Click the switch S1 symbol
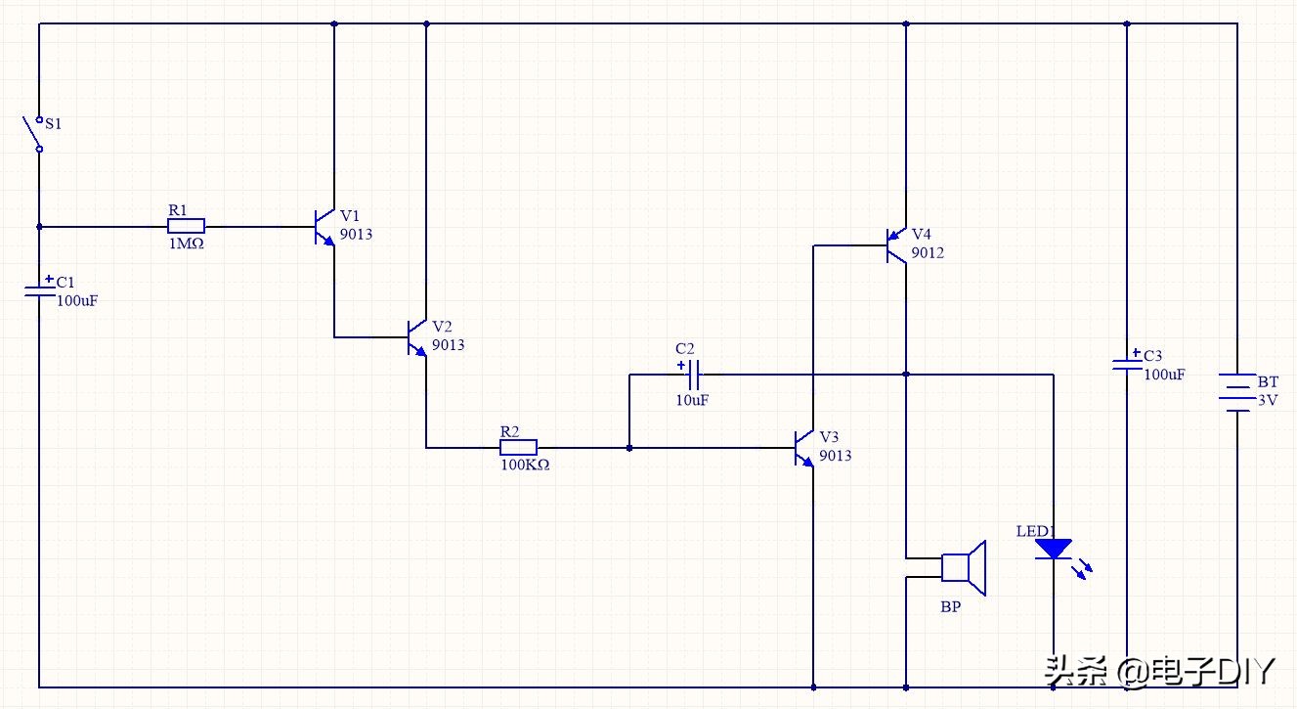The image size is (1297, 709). tap(35, 135)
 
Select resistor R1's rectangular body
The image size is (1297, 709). tap(186, 226)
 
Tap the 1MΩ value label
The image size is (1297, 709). tap(186, 244)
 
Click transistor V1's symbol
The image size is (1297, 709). tap(324, 227)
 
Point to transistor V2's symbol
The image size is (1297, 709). tap(417, 337)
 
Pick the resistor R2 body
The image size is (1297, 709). tap(518, 448)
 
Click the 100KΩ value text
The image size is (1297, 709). tap(525, 465)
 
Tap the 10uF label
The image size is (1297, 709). tap(692, 400)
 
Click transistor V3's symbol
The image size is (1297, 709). tap(804, 448)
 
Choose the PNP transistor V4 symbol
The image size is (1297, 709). tap(896, 244)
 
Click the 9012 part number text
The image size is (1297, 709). tap(928, 253)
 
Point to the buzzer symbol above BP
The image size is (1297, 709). tap(965, 567)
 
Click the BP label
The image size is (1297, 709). tap(950, 607)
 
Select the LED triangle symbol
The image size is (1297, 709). tap(1053, 550)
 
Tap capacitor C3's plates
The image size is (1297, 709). tap(1126, 365)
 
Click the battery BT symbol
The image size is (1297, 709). tap(1237, 391)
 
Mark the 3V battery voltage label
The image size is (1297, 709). tap(1267, 400)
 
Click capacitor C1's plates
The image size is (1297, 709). tap(39, 289)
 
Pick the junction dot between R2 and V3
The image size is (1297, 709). tap(629, 448)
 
